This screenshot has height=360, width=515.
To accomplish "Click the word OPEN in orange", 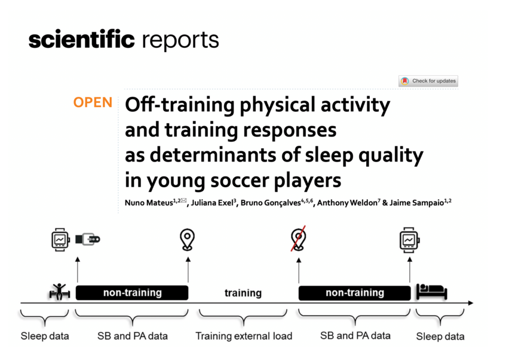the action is click(93, 103).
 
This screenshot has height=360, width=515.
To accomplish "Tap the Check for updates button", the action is click(428, 81).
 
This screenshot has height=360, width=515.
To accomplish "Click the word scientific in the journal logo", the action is click(81, 39).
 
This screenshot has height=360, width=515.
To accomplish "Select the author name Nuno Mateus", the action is click(149, 203).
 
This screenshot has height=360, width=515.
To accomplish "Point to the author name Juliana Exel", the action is click(212, 203).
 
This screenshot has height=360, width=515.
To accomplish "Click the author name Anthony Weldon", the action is click(347, 203).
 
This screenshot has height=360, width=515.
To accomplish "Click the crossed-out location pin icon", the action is click(298, 239).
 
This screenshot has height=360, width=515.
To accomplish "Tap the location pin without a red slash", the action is click(187, 239).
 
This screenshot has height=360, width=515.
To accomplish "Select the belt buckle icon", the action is click(88, 239).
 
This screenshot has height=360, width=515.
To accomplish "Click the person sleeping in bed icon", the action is click(432, 291).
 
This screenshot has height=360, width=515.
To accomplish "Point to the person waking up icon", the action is click(60, 291).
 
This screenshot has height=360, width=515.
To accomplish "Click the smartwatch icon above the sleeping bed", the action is click(409, 240).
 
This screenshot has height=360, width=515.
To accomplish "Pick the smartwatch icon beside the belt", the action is click(60, 240).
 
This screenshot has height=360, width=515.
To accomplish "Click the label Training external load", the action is click(244, 336).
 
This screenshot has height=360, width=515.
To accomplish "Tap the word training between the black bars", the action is click(243, 293).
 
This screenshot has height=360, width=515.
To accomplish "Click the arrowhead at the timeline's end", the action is click(471, 303).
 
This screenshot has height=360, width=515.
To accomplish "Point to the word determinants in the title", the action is click(213, 155).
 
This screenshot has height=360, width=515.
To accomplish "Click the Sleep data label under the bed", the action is click(440, 336).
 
